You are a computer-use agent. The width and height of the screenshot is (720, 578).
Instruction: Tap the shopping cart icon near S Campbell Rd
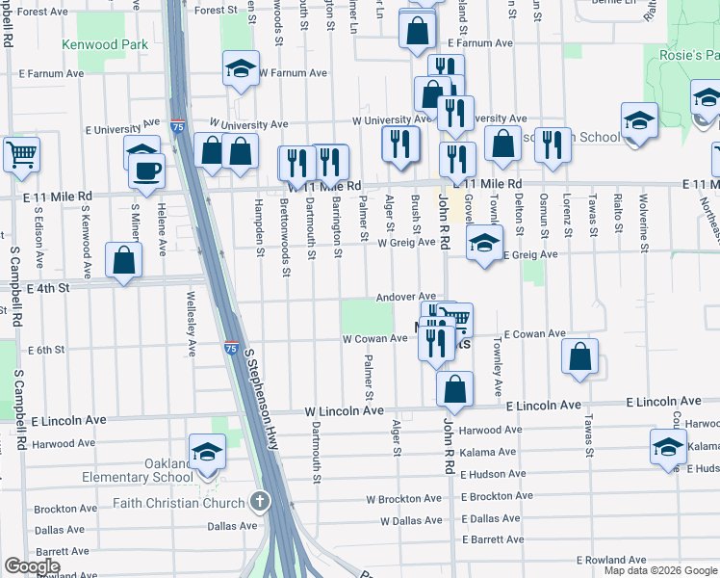coord(21,154)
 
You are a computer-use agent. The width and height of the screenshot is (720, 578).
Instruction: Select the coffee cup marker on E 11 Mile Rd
coord(146,171)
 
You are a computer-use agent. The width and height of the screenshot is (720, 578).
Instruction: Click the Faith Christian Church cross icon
coord(259,501)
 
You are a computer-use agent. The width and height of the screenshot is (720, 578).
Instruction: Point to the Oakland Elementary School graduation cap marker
coord(207,451)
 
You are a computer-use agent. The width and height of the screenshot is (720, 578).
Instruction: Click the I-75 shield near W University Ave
coord(177,125)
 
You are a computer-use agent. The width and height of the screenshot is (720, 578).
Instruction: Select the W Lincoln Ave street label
coord(345,410)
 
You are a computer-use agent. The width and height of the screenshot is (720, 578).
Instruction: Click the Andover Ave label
coord(406,297)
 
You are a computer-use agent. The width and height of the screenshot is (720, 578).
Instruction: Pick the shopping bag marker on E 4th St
coord(123,259)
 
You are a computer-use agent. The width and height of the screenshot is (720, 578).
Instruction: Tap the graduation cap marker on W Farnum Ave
coord(240,69)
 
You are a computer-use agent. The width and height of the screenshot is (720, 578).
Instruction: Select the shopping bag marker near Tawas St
coord(579,356)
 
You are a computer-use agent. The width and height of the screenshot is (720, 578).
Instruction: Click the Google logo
coord(33,566)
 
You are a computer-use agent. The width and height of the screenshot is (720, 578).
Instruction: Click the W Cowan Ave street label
coord(375,338)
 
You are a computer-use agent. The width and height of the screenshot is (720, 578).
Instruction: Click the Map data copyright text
coord(660,570)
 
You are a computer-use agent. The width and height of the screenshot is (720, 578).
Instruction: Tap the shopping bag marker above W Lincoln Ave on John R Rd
coord(454,389)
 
